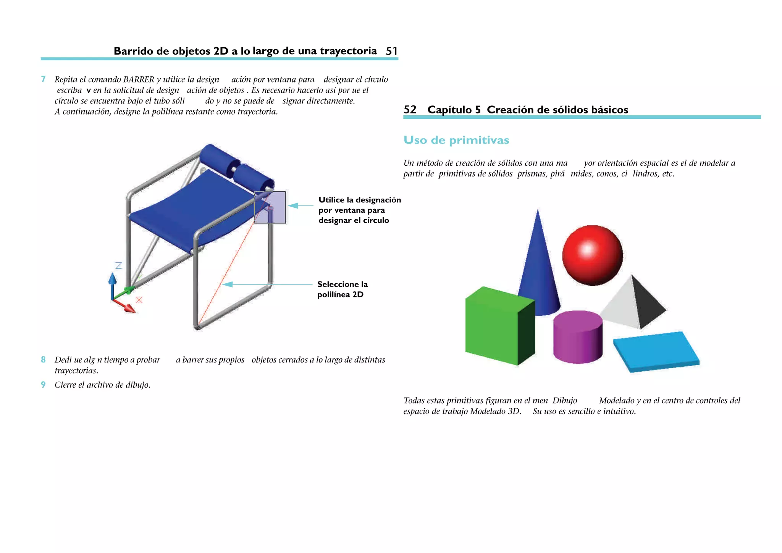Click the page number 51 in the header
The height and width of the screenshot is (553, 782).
[391, 51]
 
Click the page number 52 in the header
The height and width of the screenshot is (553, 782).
[410, 110]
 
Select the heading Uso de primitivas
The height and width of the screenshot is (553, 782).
[456, 140]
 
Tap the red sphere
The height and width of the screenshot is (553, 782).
[592, 255]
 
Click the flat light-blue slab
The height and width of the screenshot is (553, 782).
[656, 351]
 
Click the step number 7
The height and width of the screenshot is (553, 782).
[43, 79]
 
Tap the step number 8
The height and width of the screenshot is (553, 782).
[43, 360]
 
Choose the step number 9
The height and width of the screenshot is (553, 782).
[43, 385]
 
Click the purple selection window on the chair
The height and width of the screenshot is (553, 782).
[270, 207]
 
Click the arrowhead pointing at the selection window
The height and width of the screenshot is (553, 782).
[293, 205]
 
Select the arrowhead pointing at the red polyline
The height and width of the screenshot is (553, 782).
[228, 284]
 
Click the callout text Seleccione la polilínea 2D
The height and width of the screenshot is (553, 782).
[342, 289]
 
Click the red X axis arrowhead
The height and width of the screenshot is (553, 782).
[130, 309]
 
